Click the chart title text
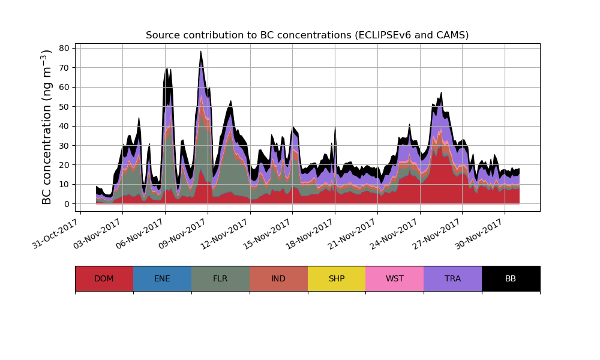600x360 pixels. (x=307, y=35)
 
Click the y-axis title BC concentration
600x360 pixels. (x=47, y=127)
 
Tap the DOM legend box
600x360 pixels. (x=104, y=278)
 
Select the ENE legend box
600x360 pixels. (x=162, y=278)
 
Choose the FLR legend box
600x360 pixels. (x=220, y=278)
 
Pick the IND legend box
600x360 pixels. (x=278, y=278)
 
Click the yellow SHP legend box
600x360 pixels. (x=337, y=278)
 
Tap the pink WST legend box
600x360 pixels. (x=395, y=278)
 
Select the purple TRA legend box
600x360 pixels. (x=453, y=278)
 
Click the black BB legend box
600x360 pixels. (x=511, y=278)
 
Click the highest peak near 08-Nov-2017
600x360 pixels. (x=201, y=52)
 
